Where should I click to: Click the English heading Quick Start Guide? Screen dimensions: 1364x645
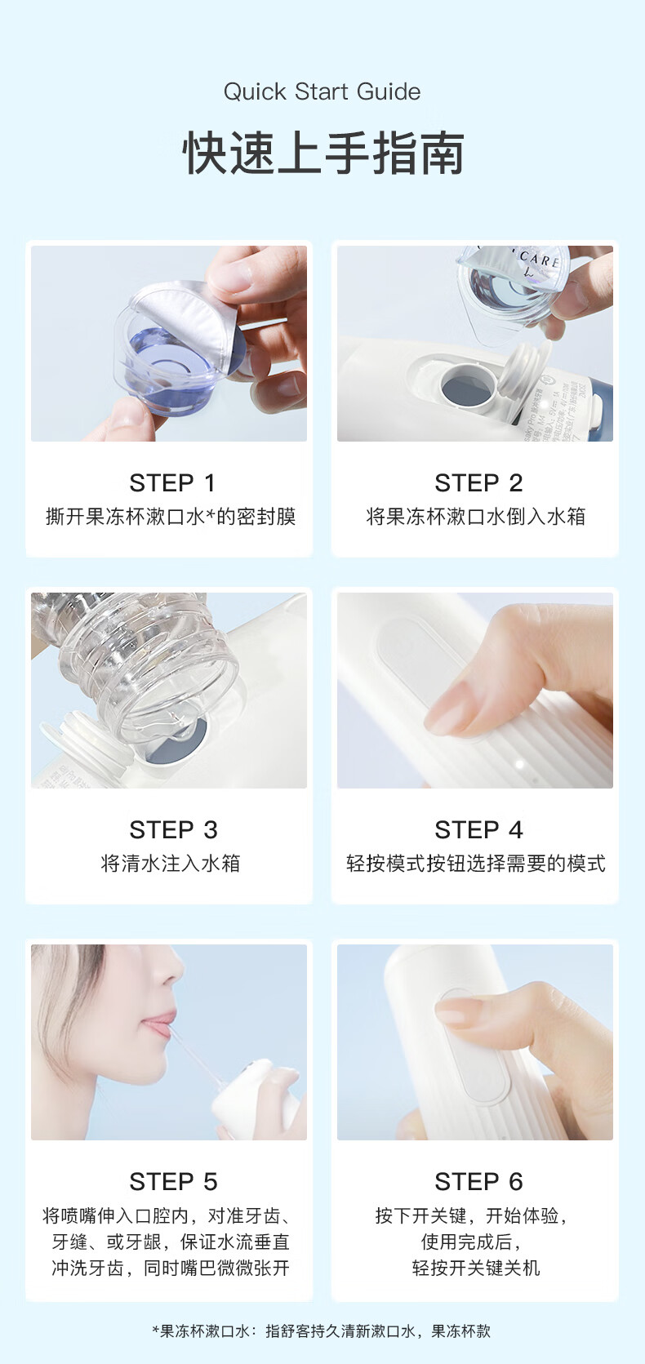tap(322, 91)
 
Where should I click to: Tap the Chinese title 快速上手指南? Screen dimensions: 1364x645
tap(322, 153)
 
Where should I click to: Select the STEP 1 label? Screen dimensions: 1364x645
tap(171, 482)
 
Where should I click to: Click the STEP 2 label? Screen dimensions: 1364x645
tap(478, 482)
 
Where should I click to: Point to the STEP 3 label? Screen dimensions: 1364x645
tap(172, 829)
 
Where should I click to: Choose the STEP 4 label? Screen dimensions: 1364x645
tap(478, 829)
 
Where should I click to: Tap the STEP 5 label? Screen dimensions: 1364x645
tap(172, 1181)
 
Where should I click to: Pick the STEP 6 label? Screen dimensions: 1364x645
tap(478, 1181)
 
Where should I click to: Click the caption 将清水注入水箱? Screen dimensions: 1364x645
tap(170, 863)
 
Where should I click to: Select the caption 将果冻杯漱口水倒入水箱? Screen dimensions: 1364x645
tap(475, 516)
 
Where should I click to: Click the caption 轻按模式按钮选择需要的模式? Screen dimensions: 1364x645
tap(475, 863)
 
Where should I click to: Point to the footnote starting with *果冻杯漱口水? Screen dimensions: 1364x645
tap(322, 1331)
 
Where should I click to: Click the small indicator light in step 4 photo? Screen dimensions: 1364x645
tap(520, 765)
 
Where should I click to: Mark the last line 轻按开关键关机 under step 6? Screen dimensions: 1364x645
tap(475, 1268)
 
